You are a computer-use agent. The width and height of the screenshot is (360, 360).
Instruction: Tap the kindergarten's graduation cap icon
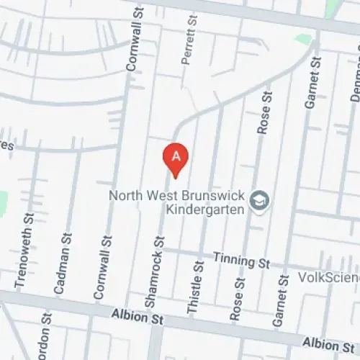pos(260,201)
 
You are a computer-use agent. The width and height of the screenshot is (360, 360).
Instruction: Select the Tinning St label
pos(240,258)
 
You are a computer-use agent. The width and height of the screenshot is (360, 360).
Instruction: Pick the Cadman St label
pos(63,262)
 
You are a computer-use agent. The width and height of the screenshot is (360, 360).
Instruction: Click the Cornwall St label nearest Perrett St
pos(132,47)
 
